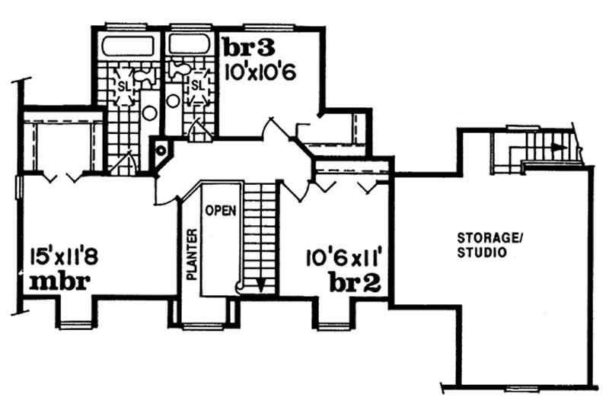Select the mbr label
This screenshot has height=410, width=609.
[60, 281]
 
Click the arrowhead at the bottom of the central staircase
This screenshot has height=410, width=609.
[261, 285]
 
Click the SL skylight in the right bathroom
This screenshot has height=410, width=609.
[197, 84]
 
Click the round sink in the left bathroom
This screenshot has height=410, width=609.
[150, 113]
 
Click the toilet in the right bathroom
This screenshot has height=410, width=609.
[177, 69]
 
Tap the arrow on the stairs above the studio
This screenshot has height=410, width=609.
[558, 145]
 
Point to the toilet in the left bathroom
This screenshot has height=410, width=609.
[148, 74]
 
